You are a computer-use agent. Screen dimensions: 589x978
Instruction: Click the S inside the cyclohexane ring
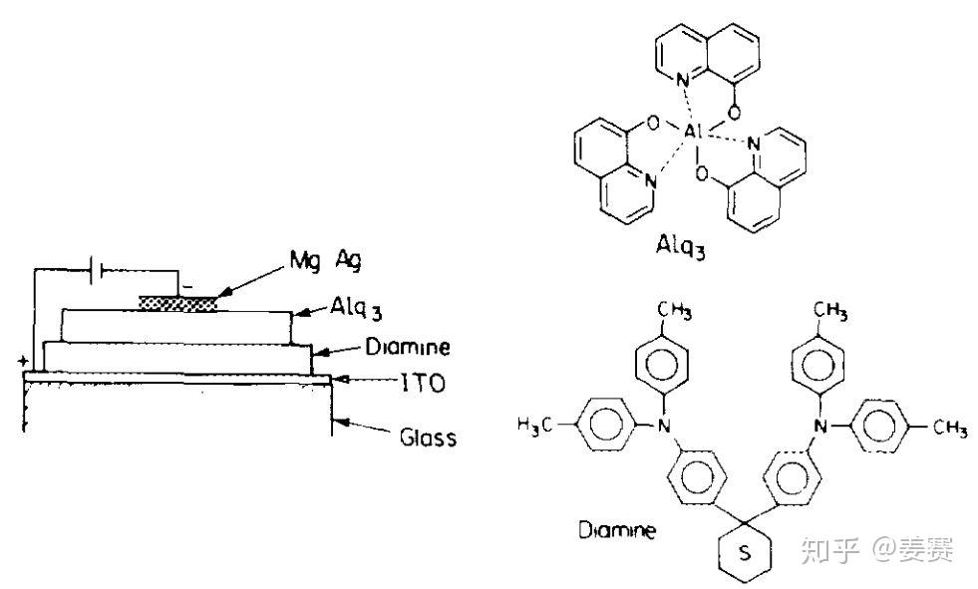pos(743,552)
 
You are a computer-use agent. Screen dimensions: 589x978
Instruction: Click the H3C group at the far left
pos(535,426)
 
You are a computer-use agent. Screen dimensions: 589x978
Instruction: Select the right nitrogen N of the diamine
pos(820,426)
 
